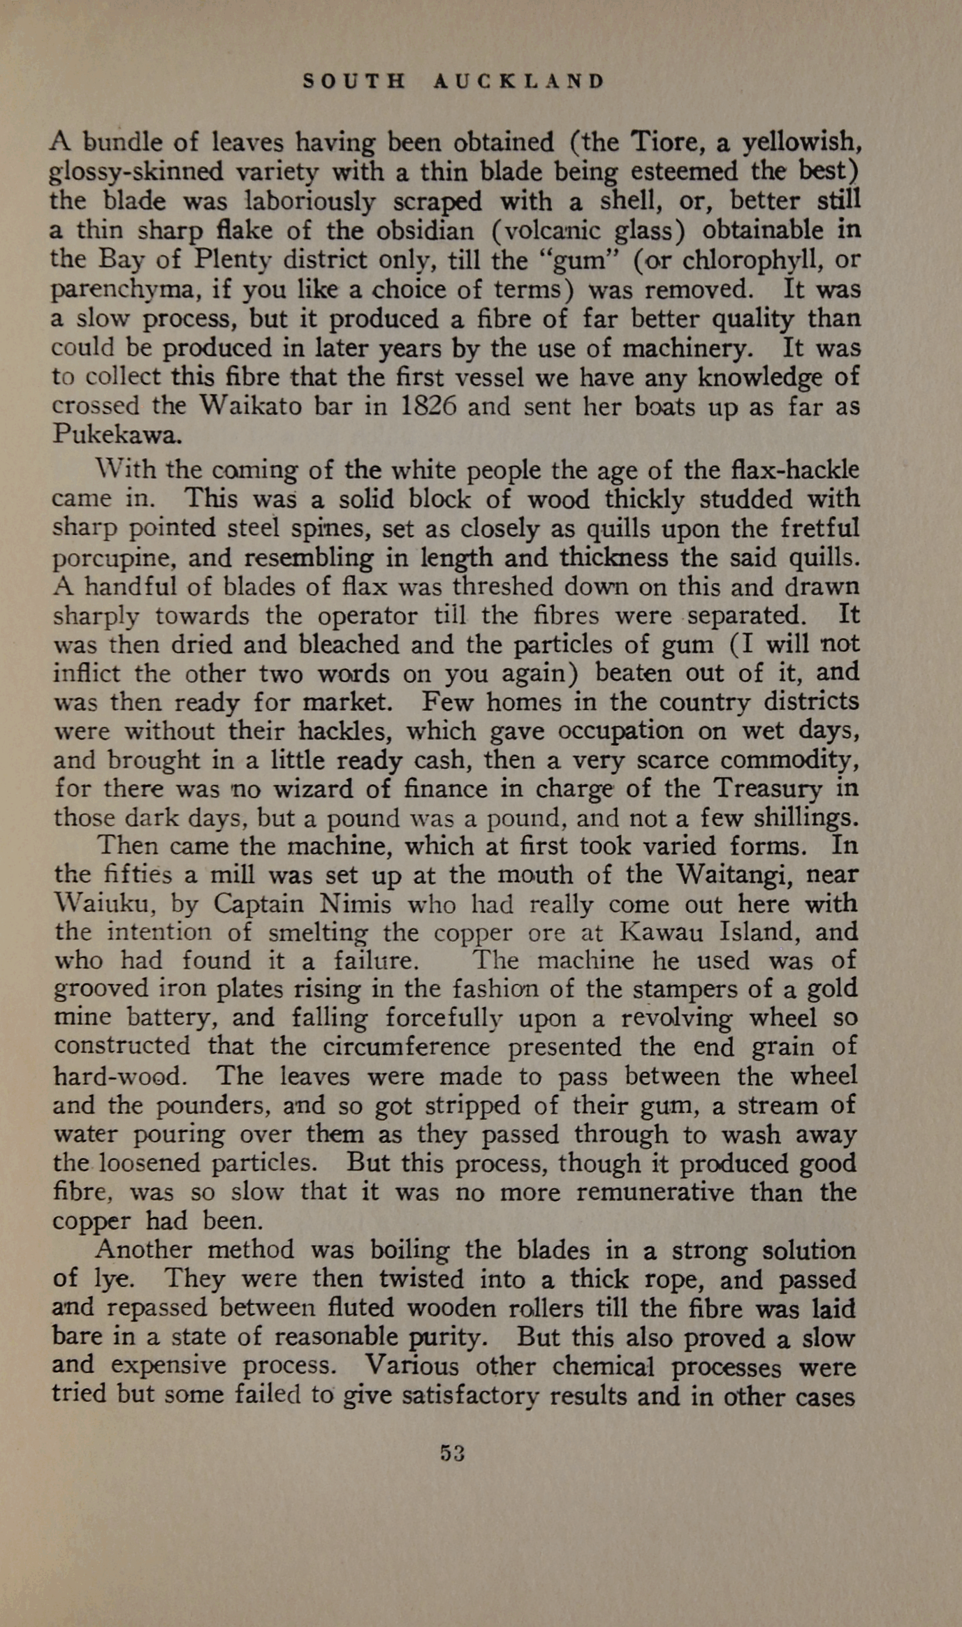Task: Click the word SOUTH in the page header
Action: coord(354,82)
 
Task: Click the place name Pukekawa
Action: coord(117,435)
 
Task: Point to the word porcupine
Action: coord(115,559)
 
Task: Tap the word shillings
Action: coord(793,818)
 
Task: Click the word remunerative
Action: coord(655,1192)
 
